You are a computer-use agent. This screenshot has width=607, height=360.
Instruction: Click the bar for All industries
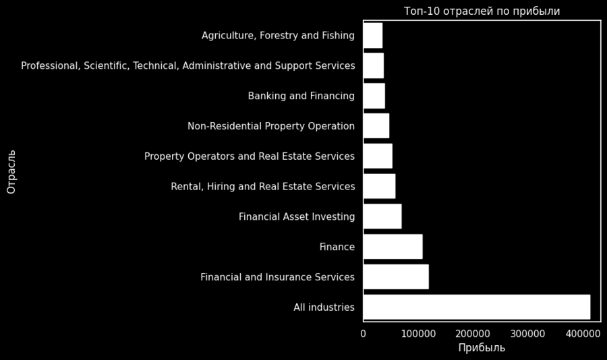[476, 307]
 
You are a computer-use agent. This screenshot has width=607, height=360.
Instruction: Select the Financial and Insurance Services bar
[396, 277]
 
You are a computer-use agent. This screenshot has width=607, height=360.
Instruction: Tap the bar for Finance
[393, 247]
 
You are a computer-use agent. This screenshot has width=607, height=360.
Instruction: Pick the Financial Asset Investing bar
[382, 216]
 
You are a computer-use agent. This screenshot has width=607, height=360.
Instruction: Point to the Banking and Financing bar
[374, 96]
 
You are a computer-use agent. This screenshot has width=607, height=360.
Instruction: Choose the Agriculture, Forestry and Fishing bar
[372, 35]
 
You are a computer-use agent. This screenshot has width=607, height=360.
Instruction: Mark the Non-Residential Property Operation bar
[376, 126]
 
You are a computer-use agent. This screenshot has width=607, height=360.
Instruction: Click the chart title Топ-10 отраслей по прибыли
[482, 11]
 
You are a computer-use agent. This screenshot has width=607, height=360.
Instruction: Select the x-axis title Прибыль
[482, 348]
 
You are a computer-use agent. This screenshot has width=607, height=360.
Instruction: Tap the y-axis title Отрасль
[11, 171]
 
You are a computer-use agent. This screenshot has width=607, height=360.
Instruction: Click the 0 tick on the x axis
[364, 333]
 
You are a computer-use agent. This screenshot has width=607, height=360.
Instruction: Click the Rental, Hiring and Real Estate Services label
[263, 186]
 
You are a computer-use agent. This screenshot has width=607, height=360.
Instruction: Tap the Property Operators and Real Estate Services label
[250, 156]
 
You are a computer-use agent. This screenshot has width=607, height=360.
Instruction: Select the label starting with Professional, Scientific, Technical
[188, 65]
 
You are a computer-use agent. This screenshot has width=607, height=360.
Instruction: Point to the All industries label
[324, 307]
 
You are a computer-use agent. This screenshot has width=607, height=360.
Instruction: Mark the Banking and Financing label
[301, 96]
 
